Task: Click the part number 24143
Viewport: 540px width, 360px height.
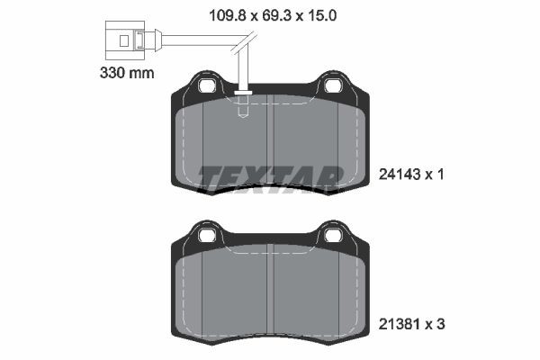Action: [400, 175]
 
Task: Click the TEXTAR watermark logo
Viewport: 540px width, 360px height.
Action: [270, 177]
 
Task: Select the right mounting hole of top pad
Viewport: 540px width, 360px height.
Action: [332, 86]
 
